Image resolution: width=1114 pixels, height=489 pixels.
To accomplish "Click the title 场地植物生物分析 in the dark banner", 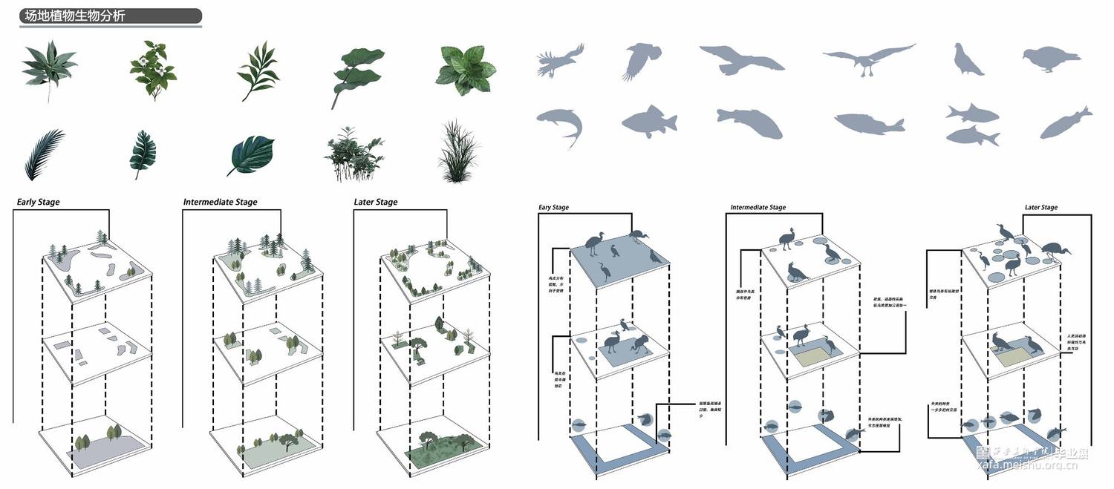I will tap(75, 16).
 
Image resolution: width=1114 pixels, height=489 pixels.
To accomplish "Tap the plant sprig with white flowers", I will tap(152, 70).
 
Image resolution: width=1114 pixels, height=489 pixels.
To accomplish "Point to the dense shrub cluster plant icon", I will tap(354, 154).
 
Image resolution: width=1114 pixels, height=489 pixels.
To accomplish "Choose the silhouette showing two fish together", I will tap(972, 124).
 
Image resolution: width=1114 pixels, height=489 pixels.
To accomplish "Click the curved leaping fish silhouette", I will tap(560, 125).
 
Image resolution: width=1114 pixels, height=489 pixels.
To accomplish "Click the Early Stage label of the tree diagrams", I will tap(39, 202).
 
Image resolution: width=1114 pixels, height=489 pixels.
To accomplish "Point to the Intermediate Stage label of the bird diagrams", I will tap(758, 208).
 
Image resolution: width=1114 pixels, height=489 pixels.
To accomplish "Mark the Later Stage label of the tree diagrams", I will tap(376, 202).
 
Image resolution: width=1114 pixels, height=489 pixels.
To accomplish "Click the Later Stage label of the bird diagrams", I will tap(1040, 208).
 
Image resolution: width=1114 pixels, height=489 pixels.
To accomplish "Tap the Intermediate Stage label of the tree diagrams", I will tap(221, 202).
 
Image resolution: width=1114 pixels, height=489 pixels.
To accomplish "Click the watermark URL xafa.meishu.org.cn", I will tap(1032, 465).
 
